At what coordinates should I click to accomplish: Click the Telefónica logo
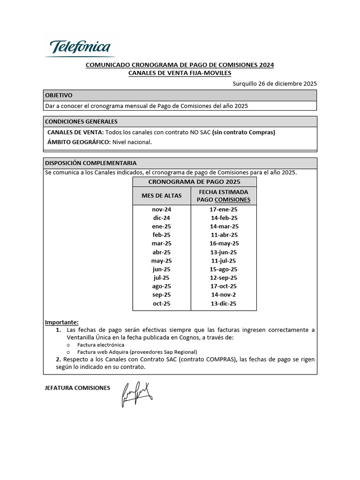tap(80, 47)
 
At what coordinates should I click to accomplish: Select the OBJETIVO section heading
tap(59, 95)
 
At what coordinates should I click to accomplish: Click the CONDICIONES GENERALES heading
tap(81, 121)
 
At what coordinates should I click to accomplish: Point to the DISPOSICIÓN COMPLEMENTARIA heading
tap(90, 163)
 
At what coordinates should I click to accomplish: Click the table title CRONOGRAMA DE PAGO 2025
tap(194, 181)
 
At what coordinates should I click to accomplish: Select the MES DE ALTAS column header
tap(161, 195)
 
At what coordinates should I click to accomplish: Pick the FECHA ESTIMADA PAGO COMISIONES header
tap(224, 195)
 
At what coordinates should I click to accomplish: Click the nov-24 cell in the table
tap(161, 210)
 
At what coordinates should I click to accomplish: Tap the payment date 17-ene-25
tap(224, 210)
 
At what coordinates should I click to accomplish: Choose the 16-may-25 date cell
tap(224, 243)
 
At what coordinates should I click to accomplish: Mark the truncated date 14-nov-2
tap(224, 295)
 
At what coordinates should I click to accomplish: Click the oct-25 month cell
tap(161, 303)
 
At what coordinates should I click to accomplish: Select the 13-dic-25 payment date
tap(224, 303)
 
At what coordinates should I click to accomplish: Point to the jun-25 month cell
tap(161, 269)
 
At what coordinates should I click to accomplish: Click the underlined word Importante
tap(61, 322)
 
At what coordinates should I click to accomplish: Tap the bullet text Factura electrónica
tap(101, 345)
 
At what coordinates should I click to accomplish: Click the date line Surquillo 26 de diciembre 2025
tap(275, 83)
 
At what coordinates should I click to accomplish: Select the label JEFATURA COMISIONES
tap(77, 388)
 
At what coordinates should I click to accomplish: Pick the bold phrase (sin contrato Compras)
tap(243, 132)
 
